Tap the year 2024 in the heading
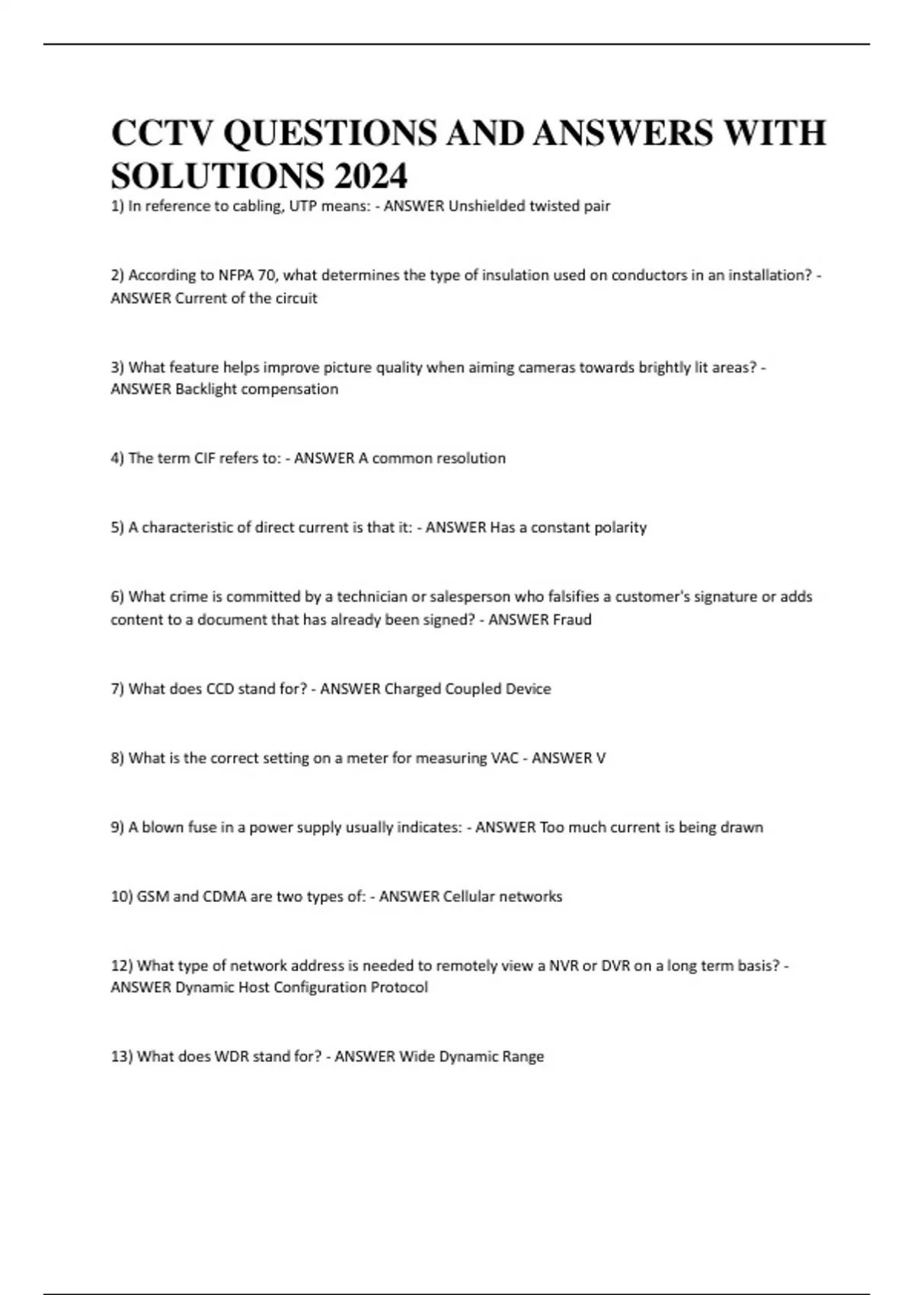(x=370, y=177)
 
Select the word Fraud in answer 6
(x=572, y=620)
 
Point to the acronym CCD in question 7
(x=220, y=689)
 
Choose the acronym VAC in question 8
(x=503, y=759)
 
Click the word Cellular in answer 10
(x=470, y=897)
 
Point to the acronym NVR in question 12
(x=563, y=967)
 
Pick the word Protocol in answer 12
(x=399, y=988)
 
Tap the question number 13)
(x=122, y=1057)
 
